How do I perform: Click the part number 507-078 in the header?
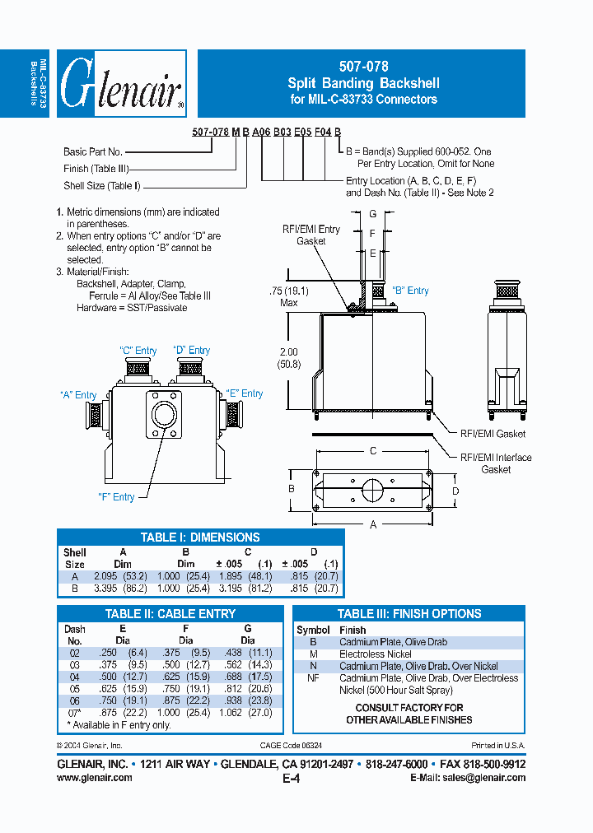point(363,67)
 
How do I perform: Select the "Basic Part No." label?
point(93,151)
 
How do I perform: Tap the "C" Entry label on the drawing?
point(138,351)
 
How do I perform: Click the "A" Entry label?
point(78,395)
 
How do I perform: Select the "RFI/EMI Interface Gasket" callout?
point(496,463)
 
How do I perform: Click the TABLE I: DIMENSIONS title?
point(200,537)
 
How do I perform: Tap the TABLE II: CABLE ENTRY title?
point(170,614)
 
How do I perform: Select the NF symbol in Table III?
point(313,678)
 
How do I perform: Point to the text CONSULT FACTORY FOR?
point(409,707)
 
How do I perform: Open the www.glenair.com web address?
point(95,777)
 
